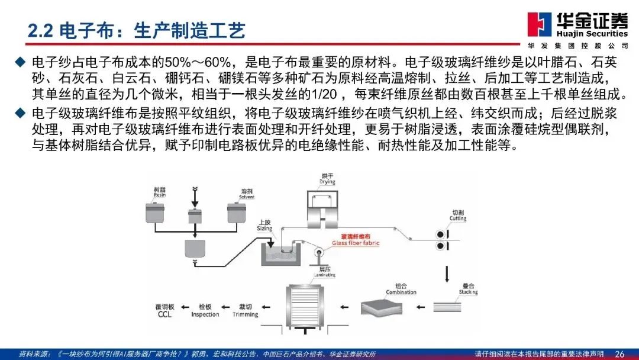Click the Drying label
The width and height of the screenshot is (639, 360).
click(328, 179)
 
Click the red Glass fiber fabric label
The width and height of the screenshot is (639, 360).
click(356, 240)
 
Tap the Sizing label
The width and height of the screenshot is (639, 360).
click(264, 226)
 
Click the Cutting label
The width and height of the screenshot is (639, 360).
click(458, 216)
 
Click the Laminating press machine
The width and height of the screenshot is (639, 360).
click(308, 306)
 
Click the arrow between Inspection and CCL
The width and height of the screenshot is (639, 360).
click(185, 307)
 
